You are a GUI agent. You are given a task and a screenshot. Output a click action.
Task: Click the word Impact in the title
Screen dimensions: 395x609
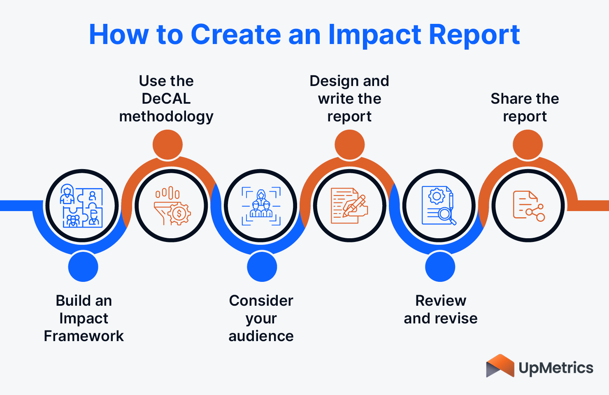coord(374,35)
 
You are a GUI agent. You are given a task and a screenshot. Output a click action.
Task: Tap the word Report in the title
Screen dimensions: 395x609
coord(474,35)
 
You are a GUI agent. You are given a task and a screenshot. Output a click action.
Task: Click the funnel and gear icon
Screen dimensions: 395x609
coord(172,206)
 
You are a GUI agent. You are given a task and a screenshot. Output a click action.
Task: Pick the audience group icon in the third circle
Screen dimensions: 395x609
coord(261,206)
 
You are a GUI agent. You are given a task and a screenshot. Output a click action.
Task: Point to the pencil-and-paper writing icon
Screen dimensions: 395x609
coord(349,206)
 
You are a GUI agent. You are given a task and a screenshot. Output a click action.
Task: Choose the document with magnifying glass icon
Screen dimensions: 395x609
coord(439,206)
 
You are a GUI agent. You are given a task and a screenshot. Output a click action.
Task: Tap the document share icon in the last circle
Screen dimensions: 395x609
coord(528,206)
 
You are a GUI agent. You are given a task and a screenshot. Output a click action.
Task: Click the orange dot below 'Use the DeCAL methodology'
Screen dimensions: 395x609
coord(167,144)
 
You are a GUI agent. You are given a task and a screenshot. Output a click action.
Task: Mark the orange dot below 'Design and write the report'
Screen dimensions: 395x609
coord(349,144)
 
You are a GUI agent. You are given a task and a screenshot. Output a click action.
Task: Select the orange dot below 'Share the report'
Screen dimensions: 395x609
coord(528,144)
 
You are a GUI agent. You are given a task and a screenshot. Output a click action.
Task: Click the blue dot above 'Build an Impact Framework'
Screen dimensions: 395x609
coord(83,267)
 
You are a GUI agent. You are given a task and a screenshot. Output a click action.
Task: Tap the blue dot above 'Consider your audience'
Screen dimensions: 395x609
coord(262,267)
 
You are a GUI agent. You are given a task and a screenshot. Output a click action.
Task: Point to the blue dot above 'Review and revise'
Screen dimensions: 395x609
coord(440,267)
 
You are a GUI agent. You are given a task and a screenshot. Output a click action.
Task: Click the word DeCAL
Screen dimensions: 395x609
coord(166,99)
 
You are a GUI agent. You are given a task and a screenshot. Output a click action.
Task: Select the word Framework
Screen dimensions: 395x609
coord(84,336)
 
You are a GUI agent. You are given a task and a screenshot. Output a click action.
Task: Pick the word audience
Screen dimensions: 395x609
coord(261,336)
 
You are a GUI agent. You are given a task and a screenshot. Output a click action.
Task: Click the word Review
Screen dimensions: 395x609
coord(441,301)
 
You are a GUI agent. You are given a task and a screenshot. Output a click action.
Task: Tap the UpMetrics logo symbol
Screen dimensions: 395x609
coord(500,366)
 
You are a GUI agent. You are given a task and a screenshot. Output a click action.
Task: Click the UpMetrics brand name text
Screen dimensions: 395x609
coord(556,367)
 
